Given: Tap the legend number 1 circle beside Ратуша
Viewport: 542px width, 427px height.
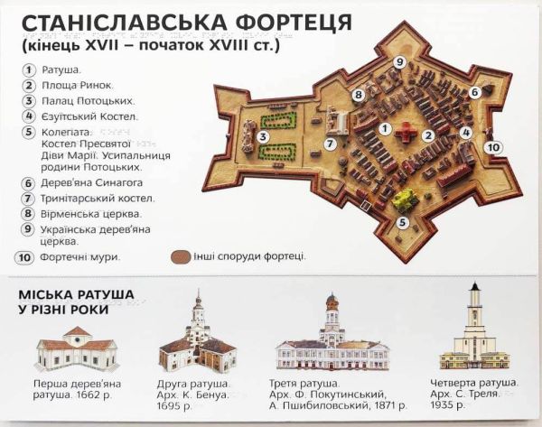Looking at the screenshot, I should [x=29, y=69].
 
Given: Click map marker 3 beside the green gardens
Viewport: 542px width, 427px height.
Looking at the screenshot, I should [x=263, y=137].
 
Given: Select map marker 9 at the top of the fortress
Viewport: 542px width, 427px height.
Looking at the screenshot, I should [x=398, y=61].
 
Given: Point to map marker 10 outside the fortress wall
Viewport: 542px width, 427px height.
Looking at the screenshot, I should [x=492, y=145].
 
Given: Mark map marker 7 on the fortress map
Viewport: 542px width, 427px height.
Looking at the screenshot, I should [x=332, y=143].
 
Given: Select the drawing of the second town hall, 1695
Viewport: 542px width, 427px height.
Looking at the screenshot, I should [x=197, y=338].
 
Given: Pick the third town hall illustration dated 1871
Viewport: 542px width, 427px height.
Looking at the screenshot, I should [x=332, y=338].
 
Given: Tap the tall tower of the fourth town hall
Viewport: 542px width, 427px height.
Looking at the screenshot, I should [x=473, y=316].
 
